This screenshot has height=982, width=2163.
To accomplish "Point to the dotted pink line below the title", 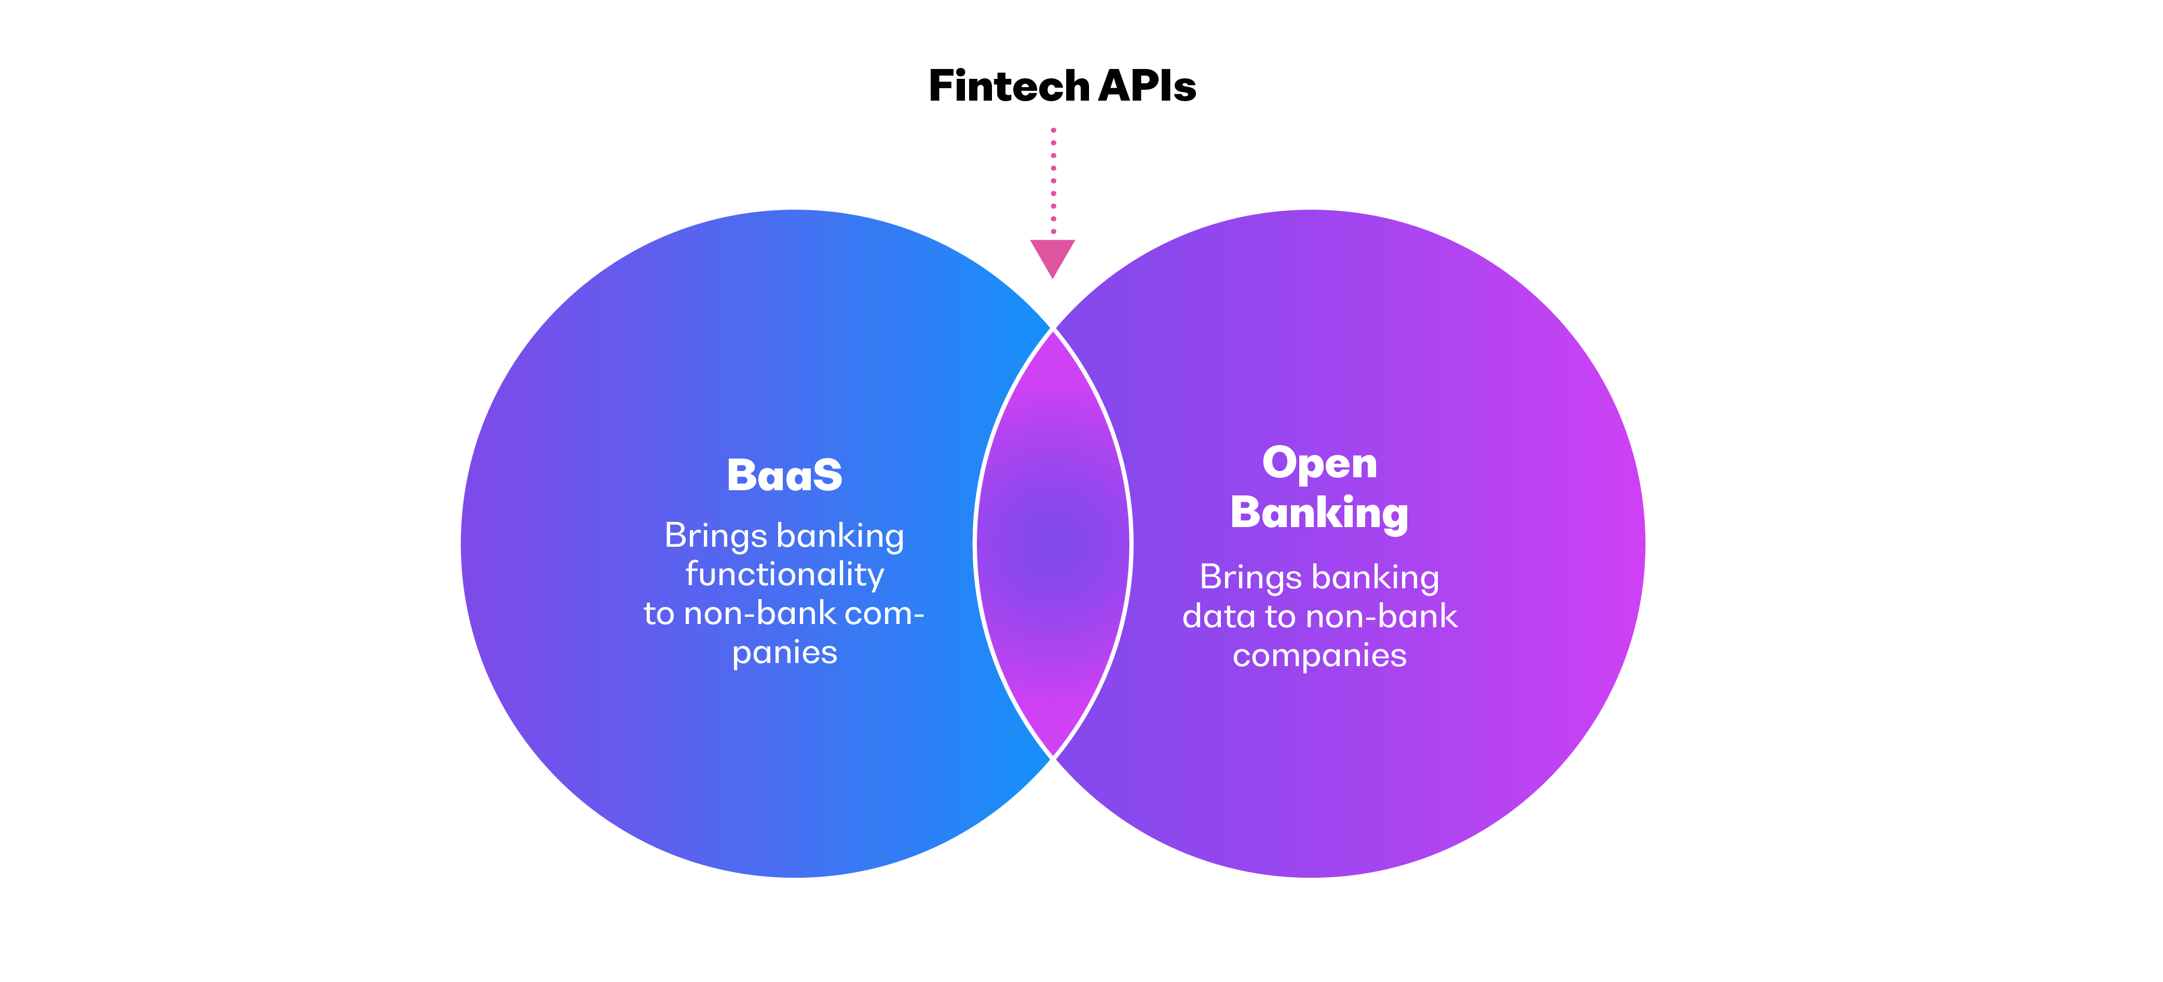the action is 1054,181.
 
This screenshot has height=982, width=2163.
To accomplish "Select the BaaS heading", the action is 784,475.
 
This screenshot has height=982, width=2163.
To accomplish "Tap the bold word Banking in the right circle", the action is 1319,513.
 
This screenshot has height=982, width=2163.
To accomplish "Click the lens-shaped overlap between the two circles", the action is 1053,544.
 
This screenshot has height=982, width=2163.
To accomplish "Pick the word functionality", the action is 784,575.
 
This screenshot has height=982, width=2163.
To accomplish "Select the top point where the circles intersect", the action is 1053,329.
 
